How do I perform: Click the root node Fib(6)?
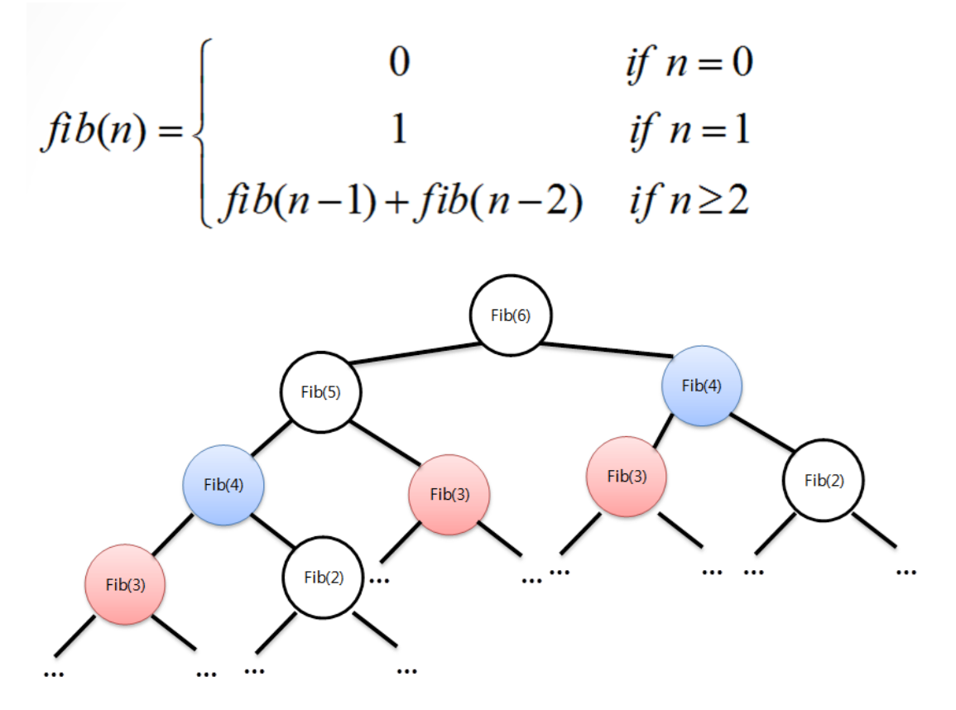511,316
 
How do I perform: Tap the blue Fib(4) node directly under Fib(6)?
701,385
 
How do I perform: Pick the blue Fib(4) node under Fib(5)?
223,485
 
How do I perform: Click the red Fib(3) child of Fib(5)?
449,494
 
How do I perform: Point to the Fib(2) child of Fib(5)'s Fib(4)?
324,578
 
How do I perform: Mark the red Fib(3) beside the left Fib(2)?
126,584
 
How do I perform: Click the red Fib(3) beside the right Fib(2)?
627,477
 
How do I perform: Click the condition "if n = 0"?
689,65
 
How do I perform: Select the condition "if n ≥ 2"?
687,201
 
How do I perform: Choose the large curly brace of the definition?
199,132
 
